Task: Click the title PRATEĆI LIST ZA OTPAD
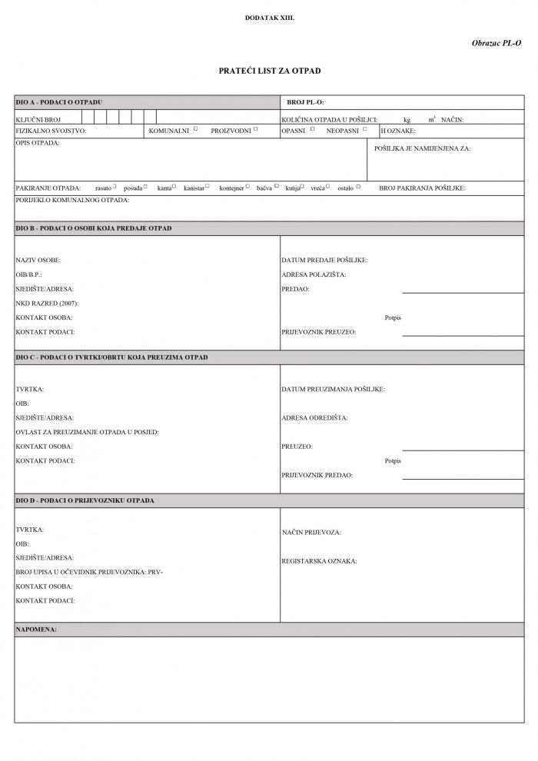click(269, 71)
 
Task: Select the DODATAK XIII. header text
click(268, 16)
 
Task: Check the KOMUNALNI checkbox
click(196, 129)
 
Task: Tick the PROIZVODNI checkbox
click(256, 129)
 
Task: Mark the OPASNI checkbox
click(313, 129)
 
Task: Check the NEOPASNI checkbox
click(365, 129)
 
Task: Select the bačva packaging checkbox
click(277, 187)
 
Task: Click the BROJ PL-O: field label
click(305, 101)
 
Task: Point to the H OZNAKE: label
click(393, 131)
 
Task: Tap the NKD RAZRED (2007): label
click(47, 303)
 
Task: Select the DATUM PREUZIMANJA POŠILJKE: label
click(334, 390)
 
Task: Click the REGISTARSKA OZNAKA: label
click(319, 561)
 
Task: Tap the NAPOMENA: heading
click(36, 630)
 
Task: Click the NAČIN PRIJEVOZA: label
click(311, 532)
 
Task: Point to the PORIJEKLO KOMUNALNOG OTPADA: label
click(72, 200)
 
